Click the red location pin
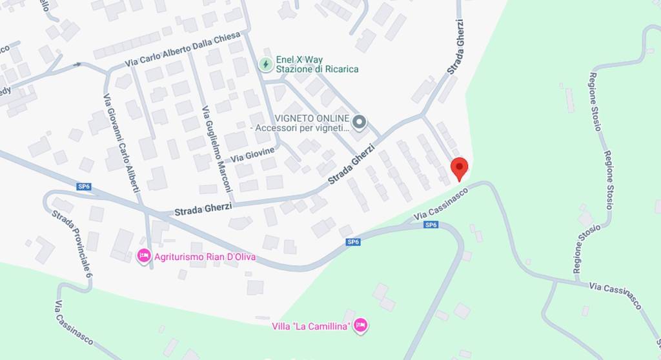[459, 168]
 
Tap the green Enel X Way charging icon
[265, 64]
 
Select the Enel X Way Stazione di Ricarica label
[316, 64]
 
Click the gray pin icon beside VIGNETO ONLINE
[359, 122]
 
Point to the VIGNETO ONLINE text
[312, 119]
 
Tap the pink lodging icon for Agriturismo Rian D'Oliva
[143, 256]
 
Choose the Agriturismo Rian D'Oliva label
[205, 257]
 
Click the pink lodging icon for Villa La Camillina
[361, 325]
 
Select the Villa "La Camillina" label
[311, 326]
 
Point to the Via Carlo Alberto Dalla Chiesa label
[183, 48]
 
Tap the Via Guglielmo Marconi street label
[217, 148]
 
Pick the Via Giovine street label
[252, 154]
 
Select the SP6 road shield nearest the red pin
[431, 225]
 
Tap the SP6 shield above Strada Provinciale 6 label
[83, 186]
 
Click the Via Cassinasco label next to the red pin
[441, 204]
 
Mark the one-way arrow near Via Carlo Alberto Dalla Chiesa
[78, 64]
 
